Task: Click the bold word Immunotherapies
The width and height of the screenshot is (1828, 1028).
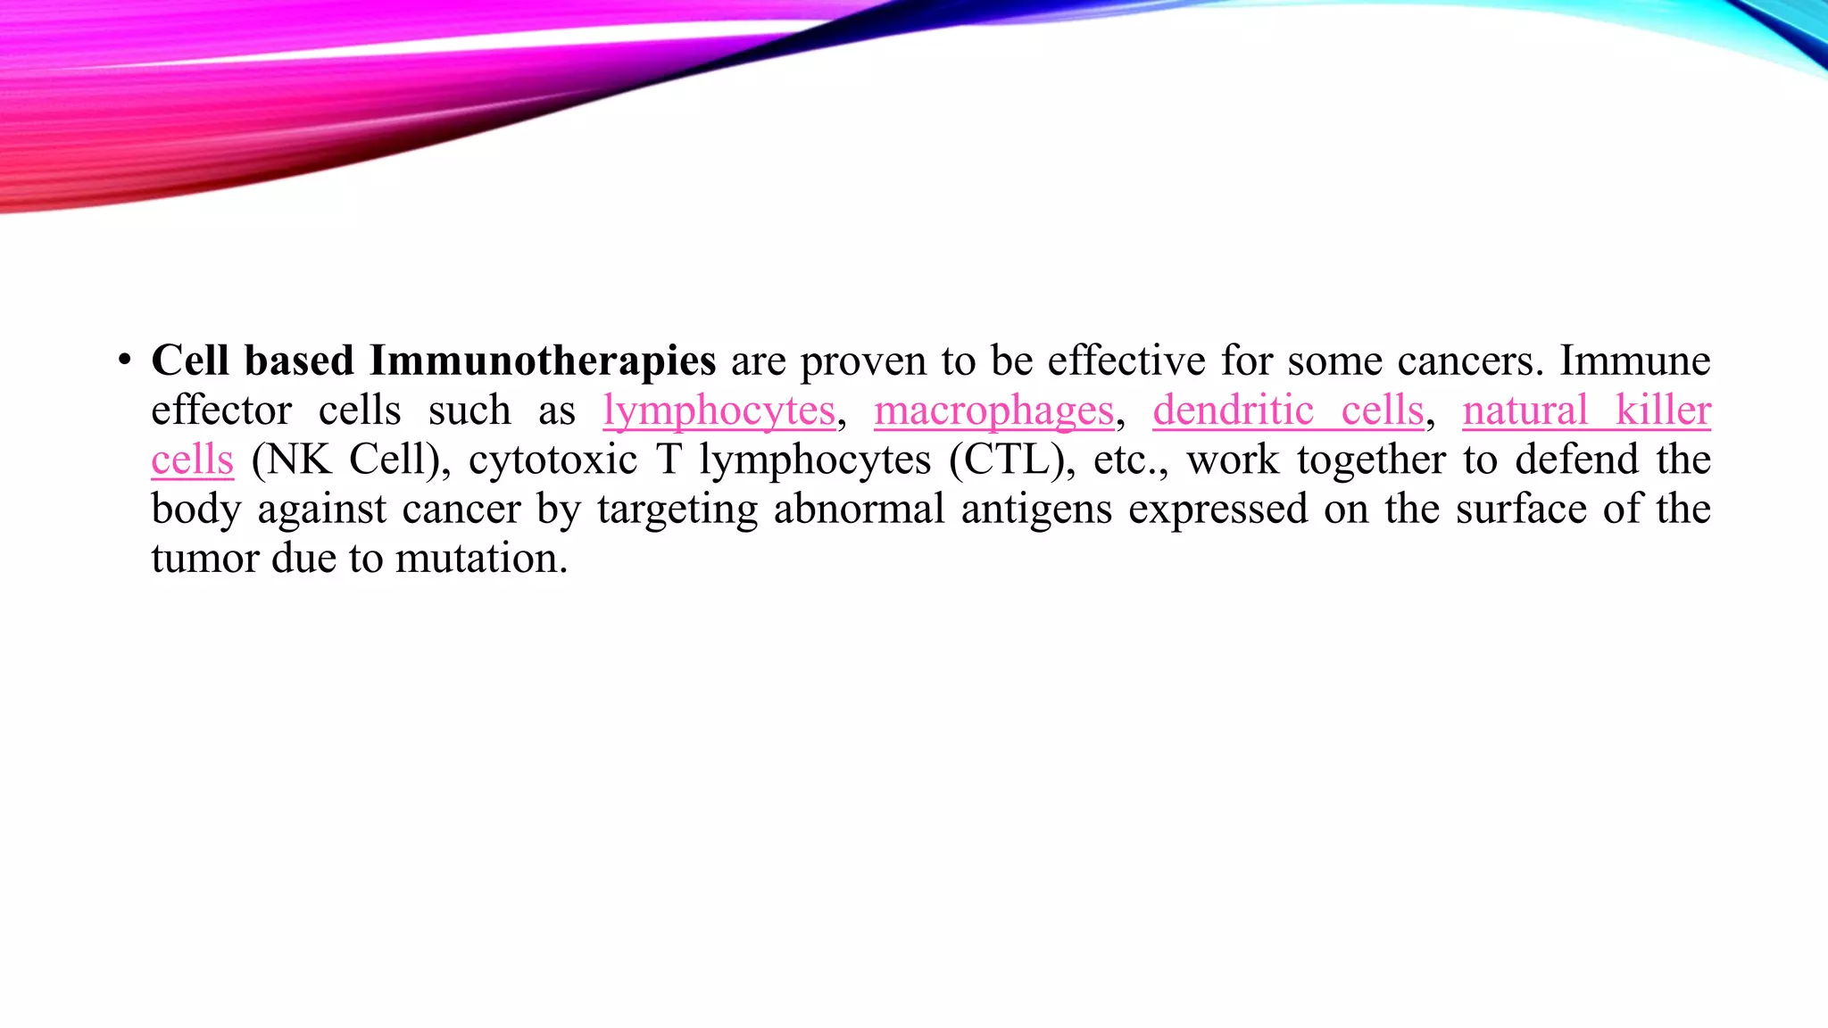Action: (542, 361)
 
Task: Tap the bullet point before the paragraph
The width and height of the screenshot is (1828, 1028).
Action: (124, 361)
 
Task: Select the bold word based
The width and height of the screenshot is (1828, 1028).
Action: (299, 361)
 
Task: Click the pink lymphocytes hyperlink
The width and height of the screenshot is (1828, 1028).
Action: (719, 411)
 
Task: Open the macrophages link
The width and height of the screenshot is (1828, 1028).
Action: (993, 411)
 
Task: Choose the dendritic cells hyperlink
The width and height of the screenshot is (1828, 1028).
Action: (1288, 411)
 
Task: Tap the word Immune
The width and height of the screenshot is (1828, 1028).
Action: (1634, 361)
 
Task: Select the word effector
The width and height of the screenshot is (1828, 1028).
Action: (221, 411)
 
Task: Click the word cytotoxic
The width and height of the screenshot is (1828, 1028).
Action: (553, 460)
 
